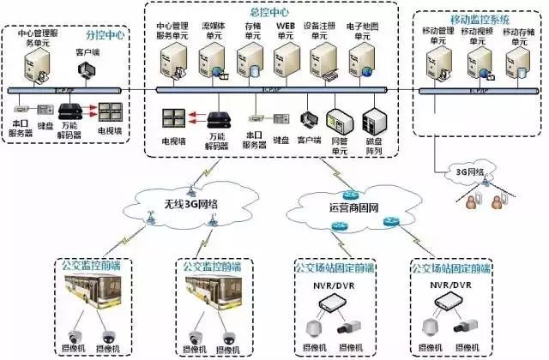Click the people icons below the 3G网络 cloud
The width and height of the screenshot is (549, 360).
pos(485,203)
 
